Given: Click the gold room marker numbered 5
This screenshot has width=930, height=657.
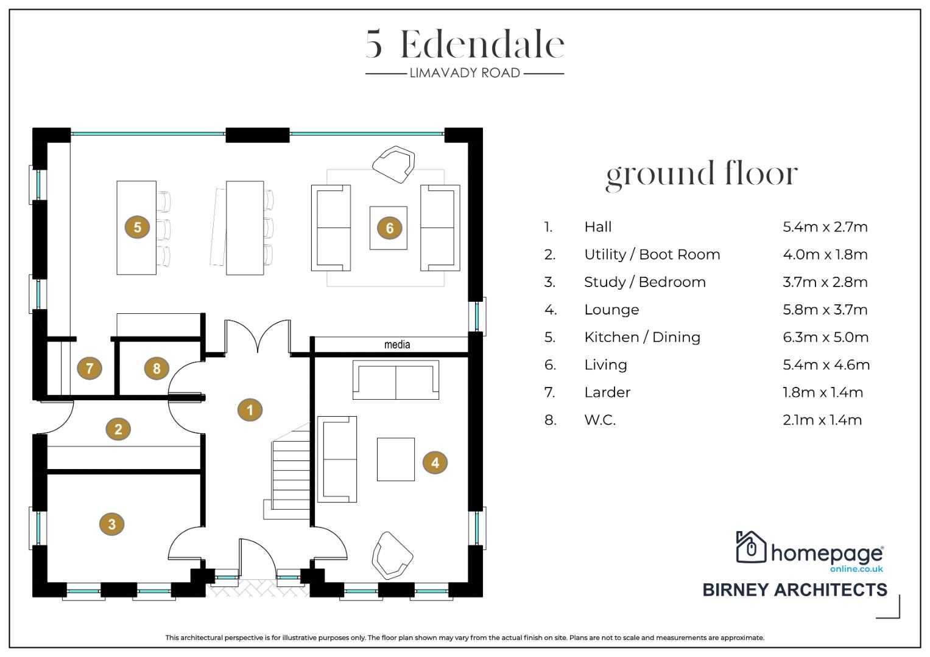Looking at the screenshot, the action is click(138, 227).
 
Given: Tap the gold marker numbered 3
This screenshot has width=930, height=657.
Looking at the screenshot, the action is click(111, 524).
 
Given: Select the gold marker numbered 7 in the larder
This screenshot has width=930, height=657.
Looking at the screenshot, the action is click(90, 368).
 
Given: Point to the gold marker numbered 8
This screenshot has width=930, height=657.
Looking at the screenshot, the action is click(157, 368).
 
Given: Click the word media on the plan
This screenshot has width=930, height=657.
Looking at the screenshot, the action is click(397, 344).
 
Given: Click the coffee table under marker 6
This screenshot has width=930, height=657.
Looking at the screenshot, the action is click(389, 228).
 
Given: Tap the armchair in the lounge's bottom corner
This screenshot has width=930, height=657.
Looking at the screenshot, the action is click(392, 555).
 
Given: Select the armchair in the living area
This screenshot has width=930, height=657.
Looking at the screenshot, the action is click(393, 164).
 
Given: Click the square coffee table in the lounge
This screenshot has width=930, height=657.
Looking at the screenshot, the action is click(396, 459).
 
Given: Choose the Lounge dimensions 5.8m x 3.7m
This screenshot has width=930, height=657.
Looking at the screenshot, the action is click(825, 310).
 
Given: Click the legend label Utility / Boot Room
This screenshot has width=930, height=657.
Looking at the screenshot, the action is click(652, 254).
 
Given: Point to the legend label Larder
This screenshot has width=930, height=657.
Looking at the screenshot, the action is click(607, 392).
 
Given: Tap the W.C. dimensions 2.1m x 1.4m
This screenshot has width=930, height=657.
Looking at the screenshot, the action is click(822, 420).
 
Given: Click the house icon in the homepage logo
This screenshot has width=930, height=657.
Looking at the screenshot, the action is click(751, 547).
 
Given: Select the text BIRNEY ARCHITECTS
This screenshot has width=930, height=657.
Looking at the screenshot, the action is click(795, 590).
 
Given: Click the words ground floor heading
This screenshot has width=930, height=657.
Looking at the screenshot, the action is click(702, 174).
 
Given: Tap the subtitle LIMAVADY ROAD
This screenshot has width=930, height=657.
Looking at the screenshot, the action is click(465, 73).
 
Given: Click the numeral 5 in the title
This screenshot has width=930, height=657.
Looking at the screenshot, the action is click(374, 44).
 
